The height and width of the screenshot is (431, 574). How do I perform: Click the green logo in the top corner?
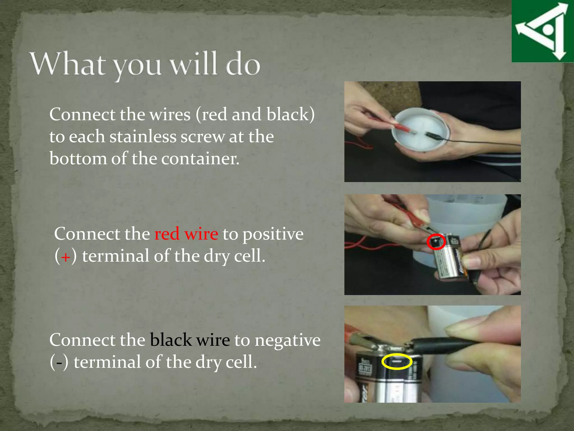point(542,31)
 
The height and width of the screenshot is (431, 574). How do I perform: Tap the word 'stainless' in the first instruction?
point(142,137)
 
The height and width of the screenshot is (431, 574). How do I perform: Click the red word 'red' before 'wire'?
point(167,234)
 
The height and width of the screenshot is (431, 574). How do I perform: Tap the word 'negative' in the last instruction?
point(288,340)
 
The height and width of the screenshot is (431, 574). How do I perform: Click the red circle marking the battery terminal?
point(436,242)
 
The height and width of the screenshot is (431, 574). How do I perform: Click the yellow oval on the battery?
point(397,361)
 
